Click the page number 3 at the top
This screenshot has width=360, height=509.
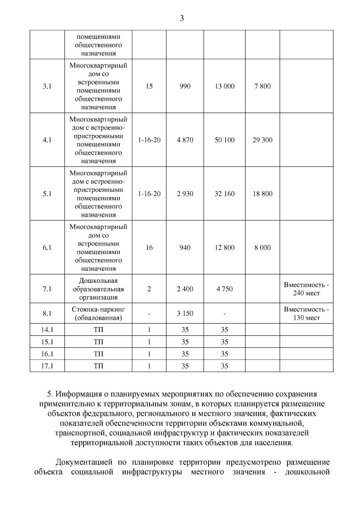[181, 19]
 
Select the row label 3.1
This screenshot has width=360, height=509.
[47, 86]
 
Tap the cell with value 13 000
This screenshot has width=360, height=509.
[224, 86]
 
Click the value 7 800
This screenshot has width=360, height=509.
[262, 86]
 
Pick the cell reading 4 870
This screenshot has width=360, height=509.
[185, 140]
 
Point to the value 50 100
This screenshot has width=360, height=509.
[224, 140]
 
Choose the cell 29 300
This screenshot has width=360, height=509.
[262, 140]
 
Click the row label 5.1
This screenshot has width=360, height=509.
[47, 194]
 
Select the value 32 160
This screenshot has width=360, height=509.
[224, 194]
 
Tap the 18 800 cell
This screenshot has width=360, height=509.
[262, 194]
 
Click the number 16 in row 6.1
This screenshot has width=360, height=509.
[149, 248]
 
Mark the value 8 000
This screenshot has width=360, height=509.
[262, 248]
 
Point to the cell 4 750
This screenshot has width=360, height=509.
[224, 289]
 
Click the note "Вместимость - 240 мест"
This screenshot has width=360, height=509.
[306, 289]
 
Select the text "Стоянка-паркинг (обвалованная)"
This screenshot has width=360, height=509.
[98, 313]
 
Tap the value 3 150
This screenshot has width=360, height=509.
[185, 314]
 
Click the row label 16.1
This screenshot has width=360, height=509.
[47, 354]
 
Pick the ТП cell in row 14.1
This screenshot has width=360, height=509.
[98, 330]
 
